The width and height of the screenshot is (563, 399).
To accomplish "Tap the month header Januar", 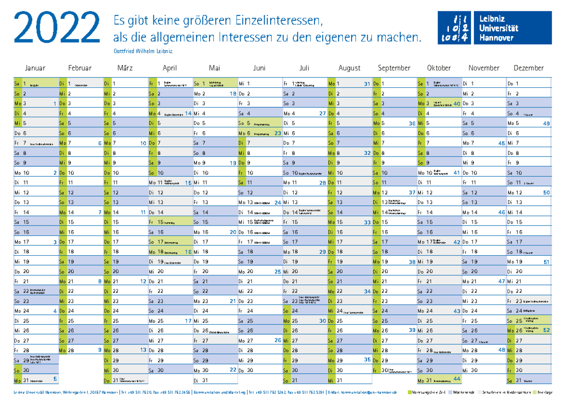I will (35, 68).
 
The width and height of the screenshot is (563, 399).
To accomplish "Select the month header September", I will (394, 68).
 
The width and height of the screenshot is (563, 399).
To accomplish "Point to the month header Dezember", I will (528, 68).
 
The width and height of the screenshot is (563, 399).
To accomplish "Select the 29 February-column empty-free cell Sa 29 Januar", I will (36, 360).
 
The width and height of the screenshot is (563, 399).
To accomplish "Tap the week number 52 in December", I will (547, 330).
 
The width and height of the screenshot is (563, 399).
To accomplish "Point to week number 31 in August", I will (367, 84).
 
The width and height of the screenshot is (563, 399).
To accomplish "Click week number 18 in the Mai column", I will (233, 94).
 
